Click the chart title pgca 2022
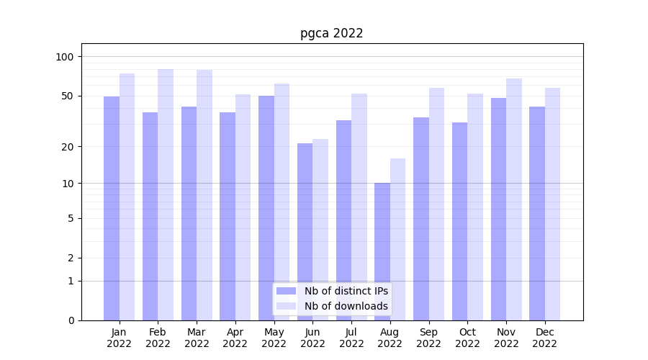(331, 34)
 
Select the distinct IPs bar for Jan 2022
(112, 208)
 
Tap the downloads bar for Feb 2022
(166, 194)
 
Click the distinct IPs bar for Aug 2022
(382, 251)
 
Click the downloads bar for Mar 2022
(204, 195)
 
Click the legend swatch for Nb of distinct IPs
(287, 291)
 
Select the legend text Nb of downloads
(346, 306)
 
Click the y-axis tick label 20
(68, 147)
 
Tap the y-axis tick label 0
(71, 320)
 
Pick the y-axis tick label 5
(71, 218)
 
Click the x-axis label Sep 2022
(428, 338)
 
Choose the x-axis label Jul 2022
(351, 338)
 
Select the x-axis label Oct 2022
(467, 338)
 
